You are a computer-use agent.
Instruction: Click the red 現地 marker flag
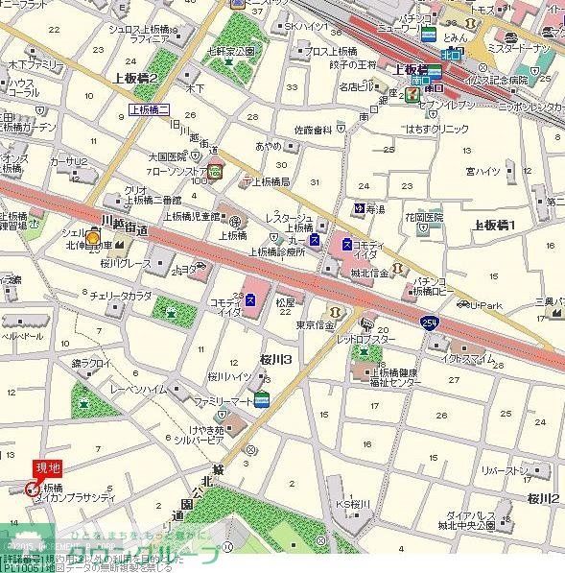47,467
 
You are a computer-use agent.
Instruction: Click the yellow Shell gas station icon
93,239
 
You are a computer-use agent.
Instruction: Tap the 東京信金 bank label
315,324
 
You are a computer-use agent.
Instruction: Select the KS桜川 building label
352,505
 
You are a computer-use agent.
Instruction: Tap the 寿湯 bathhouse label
379,208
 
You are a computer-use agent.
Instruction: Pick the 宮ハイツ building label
483,171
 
